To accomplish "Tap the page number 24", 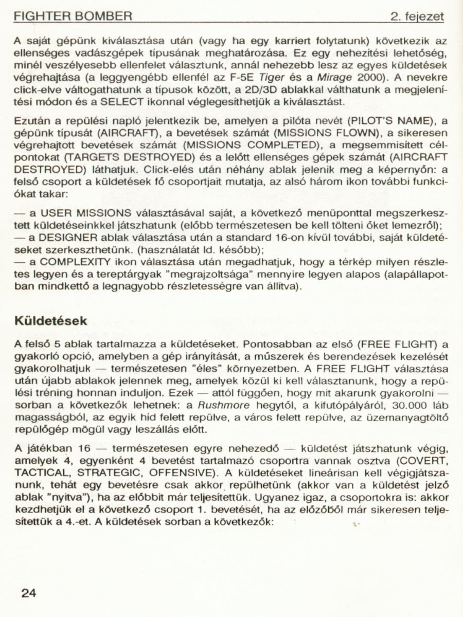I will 29,592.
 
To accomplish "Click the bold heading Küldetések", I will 51,320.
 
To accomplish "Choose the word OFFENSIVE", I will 176,471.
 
